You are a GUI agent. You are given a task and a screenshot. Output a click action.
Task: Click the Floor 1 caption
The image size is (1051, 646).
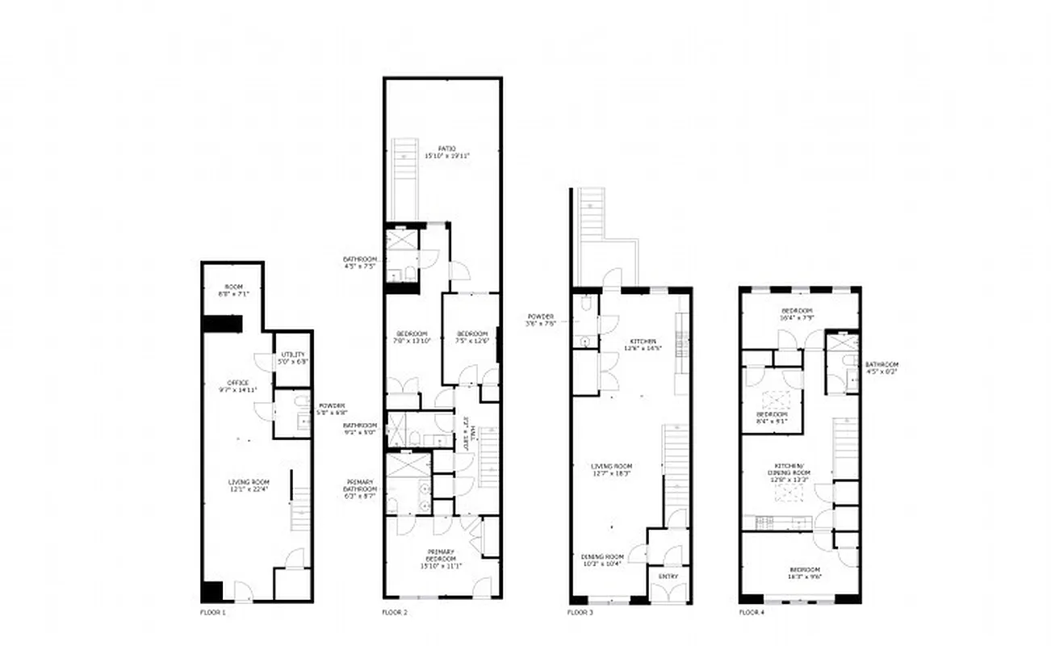pos(213,613)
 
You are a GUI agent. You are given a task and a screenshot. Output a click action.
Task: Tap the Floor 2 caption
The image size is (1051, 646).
pos(395,613)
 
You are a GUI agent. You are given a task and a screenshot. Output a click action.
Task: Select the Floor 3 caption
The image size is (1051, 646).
pos(580,613)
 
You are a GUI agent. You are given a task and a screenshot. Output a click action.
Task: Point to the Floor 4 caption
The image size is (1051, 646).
pos(752,613)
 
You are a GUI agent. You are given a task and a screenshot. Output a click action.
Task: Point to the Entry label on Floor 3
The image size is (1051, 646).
pos(668,577)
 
